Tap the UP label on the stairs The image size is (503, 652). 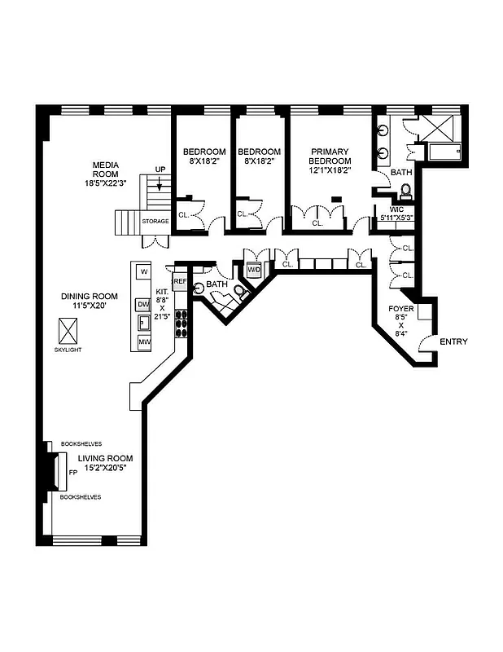[x=160, y=170]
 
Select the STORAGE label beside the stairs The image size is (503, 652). [x=155, y=221]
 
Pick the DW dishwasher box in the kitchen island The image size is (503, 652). [x=143, y=304]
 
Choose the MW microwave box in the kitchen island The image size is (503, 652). [x=143, y=342]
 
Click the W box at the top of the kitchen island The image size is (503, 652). [x=143, y=271]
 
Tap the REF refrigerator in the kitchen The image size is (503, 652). [x=180, y=281]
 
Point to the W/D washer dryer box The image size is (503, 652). [x=253, y=270]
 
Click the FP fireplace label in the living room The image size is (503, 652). [x=72, y=472]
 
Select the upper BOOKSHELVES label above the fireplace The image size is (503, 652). [x=81, y=444]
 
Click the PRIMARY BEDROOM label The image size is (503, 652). [x=329, y=156]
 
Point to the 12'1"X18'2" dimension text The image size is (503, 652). [x=329, y=171]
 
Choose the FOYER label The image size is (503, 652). [x=400, y=309]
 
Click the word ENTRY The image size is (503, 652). [x=453, y=341]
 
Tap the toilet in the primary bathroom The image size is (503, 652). [x=405, y=192]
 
